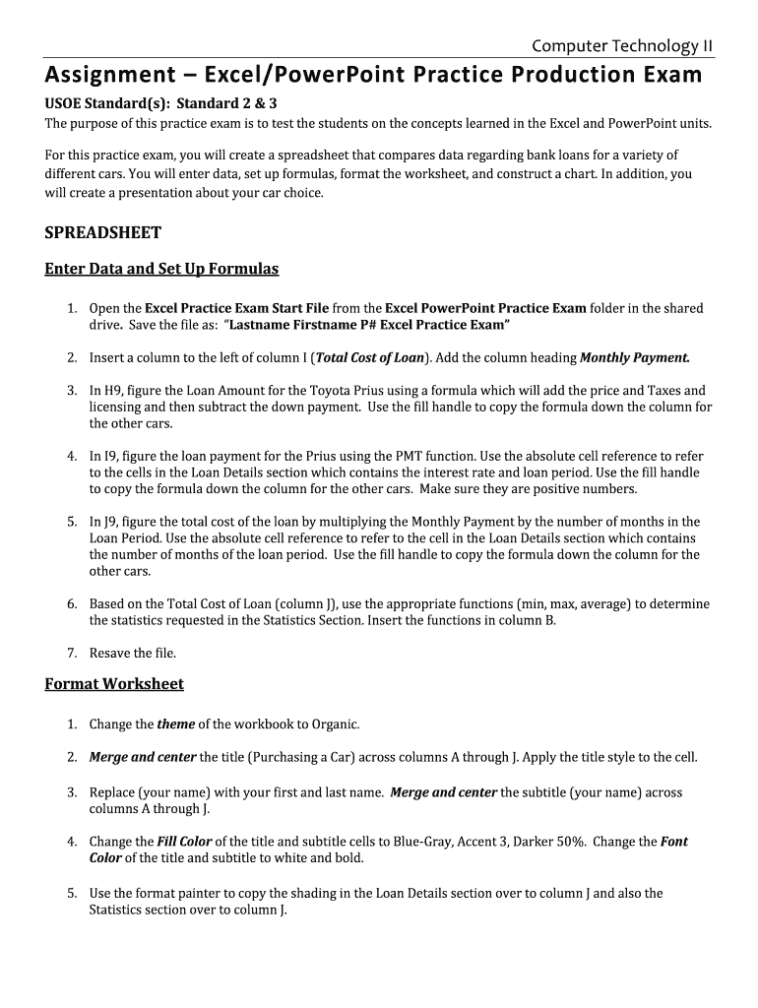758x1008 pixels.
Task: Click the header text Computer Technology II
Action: pos(622,45)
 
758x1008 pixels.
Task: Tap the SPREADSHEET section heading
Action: pos(102,233)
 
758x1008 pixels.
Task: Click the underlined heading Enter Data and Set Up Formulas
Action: pos(161,269)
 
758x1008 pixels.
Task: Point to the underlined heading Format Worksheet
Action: pos(114,683)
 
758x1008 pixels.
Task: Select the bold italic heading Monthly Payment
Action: pos(634,357)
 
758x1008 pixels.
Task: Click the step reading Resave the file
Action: pos(133,653)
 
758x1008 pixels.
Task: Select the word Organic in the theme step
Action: pos(335,724)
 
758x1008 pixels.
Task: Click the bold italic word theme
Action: pos(175,724)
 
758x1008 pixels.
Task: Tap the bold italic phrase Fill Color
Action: pos(184,842)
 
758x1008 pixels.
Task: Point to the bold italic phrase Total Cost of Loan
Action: pos(370,357)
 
